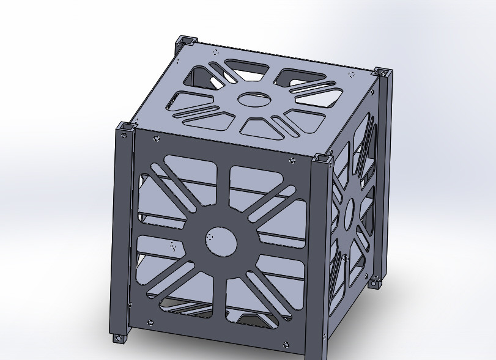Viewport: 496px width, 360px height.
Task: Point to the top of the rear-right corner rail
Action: pyautogui.click(x=383, y=72)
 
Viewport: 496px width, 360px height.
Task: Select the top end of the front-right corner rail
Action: pyautogui.click(x=322, y=160)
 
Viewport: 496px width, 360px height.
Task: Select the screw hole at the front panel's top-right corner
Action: pyautogui.click(x=292, y=161)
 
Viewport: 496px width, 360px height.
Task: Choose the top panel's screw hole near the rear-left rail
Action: pyautogui.click(x=215, y=53)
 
